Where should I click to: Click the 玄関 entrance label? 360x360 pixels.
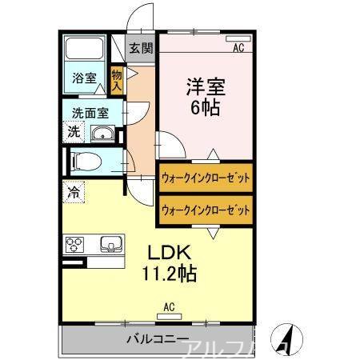coord(141,47)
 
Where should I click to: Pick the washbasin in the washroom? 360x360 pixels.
coord(102,133)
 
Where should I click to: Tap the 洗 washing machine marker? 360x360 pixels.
coord(73,132)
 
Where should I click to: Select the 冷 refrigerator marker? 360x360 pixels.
coord(74,192)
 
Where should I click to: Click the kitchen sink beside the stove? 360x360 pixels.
coord(108,244)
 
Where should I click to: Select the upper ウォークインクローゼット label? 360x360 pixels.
coord(206,178)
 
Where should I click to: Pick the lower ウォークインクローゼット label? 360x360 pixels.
coord(206,210)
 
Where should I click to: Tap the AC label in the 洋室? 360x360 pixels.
coord(238,48)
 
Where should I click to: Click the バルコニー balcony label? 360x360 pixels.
coord(157,339)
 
